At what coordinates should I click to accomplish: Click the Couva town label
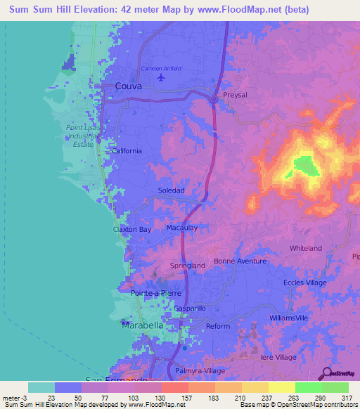pos(128,86)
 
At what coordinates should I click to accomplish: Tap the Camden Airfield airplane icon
pos(162,77)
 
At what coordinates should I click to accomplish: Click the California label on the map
pos(127,150)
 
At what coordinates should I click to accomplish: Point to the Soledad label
pos(171,190)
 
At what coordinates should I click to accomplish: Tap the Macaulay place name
pos(181,228)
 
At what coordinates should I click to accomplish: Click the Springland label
pos(188,265)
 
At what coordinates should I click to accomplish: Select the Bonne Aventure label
pos(240,261)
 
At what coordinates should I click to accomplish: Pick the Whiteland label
pos(305,248)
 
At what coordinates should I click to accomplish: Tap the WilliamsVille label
pos(289,318)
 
